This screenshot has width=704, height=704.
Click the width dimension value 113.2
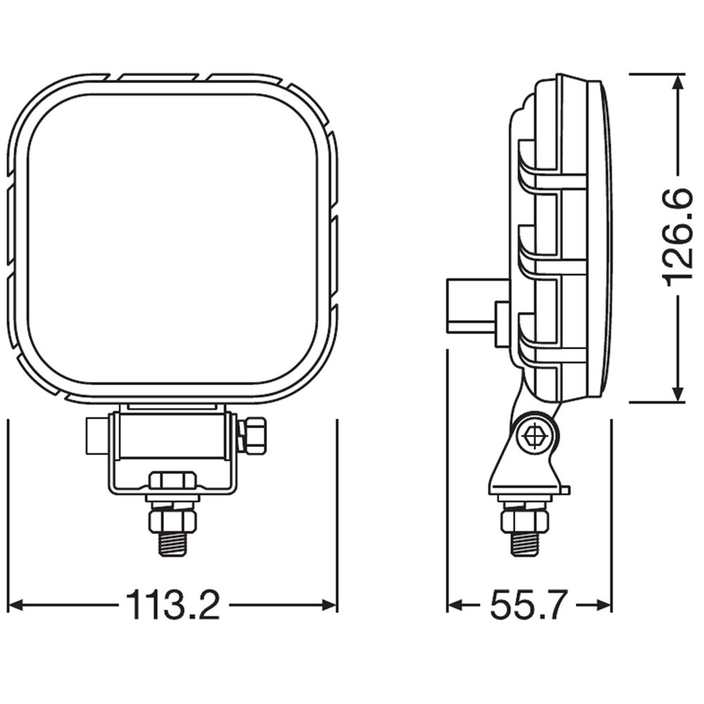(172, 605)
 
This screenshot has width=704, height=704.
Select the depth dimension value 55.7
(528, 605)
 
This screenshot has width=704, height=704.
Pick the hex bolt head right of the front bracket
(253, 434)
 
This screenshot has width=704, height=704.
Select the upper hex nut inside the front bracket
(172, 481)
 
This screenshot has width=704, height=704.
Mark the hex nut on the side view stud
(524, 520)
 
